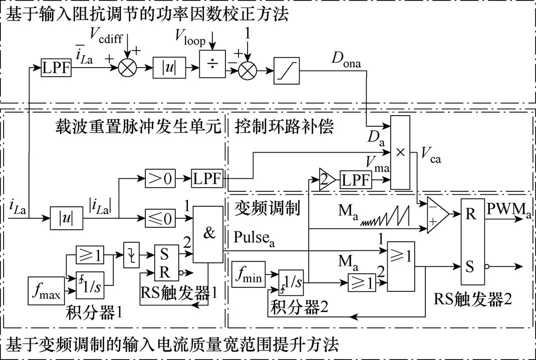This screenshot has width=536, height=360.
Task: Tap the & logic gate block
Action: pyautogui.click(x=207, y=234)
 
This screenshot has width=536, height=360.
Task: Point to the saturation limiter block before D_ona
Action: pyautogui.click(x=287, y=70)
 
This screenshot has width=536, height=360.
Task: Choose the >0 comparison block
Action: pyautogui.click(x=159, y=177)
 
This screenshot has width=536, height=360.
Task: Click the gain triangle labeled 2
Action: pyautogui.click(x=326, y=178)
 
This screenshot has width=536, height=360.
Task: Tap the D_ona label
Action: pyautogui.click(x=346, y=59)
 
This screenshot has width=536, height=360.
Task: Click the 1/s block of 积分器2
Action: pyautogui.click(x=292, y=283)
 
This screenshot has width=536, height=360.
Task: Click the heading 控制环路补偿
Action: pyautogui.click(x=284, y=126)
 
